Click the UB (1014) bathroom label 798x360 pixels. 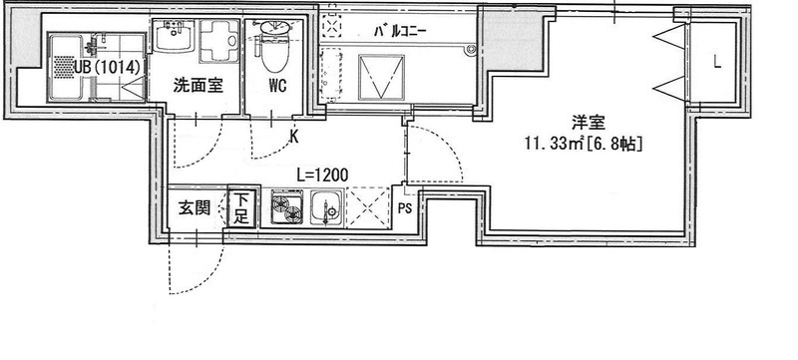point(106,68)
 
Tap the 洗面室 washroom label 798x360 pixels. point(198,86)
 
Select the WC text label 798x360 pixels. point(278,86)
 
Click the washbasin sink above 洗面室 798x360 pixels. point(174,36)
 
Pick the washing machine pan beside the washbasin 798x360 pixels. point(218,41)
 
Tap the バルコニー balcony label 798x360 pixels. point(400,32)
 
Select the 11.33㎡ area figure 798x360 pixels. point(555,145)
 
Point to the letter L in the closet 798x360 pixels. point(716,62)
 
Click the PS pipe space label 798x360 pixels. point(405,209)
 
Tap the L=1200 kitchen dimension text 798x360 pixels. point(322,176)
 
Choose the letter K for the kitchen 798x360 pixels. point(294,136)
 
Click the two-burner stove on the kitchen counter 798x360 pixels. point(286,206)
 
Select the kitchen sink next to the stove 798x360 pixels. point(327,207)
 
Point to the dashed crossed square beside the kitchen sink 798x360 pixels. point(368,207)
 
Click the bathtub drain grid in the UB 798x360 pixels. point(65,67)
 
